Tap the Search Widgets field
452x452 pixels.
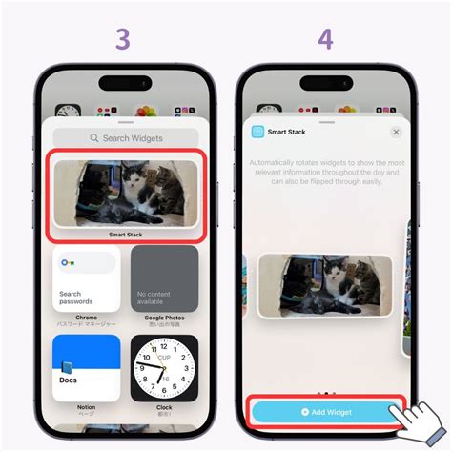[x=126, y=138]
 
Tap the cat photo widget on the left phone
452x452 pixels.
[x=126, y=193]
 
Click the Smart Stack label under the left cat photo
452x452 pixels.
[x=126, y=234]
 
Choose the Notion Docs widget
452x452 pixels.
[x=87, y=367]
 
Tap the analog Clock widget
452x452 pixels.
[x=165, y=367]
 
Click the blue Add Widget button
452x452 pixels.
[x=326, y=411]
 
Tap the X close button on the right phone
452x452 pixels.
[x=396, y=132]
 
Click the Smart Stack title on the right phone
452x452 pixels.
[x=287, y=132]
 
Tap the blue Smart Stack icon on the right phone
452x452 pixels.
[x=258, y=132]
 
